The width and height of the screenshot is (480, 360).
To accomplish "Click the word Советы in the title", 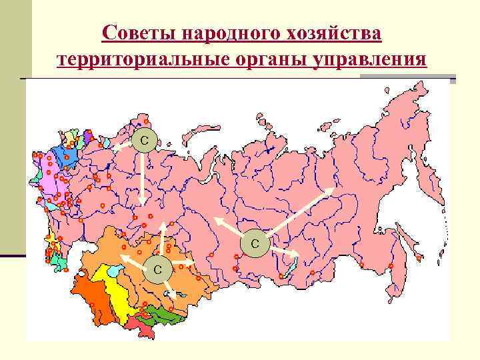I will pos(140,33).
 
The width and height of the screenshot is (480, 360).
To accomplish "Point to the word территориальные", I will pos(143,60).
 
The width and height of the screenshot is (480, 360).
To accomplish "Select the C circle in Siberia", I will pos(255,243).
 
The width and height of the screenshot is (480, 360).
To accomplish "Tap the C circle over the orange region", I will pos(158,269).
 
